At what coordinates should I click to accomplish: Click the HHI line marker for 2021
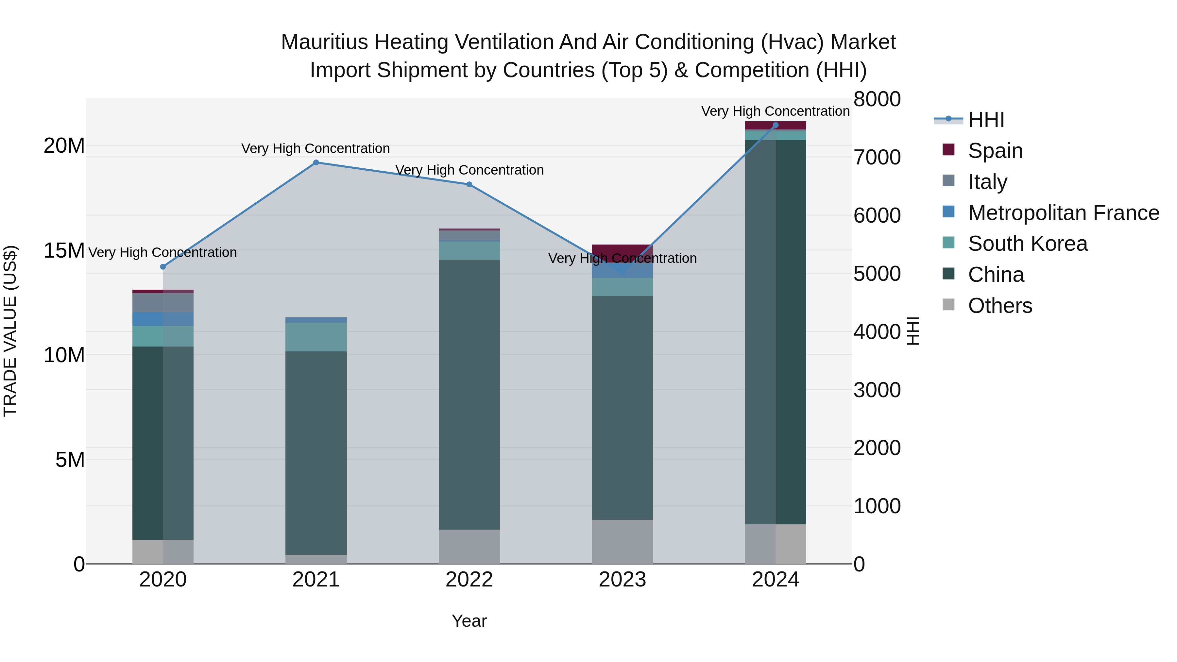tap(316, 162)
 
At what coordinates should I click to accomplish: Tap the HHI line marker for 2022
tap(469, 185)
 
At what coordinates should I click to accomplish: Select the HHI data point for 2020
tap(163, 267)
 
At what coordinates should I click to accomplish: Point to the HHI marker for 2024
tap(776, 125)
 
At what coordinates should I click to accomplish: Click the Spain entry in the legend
tap(995, 151)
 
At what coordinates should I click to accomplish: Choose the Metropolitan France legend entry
tap(1063, 213)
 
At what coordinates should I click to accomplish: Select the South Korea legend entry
tap(1027, 244)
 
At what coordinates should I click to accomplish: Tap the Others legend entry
tap(1000, 306)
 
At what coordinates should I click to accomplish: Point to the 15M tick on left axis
tap(64, 250)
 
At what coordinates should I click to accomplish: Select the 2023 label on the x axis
tap(622, 580)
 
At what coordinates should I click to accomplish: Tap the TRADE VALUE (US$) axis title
tap(10, 331)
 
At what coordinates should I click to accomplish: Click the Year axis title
tap(469, 621)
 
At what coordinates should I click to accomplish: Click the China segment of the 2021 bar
tap(316, 452)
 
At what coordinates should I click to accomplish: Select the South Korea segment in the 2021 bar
tap(316, 337)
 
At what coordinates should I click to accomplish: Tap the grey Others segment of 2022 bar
tap(469, 546)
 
